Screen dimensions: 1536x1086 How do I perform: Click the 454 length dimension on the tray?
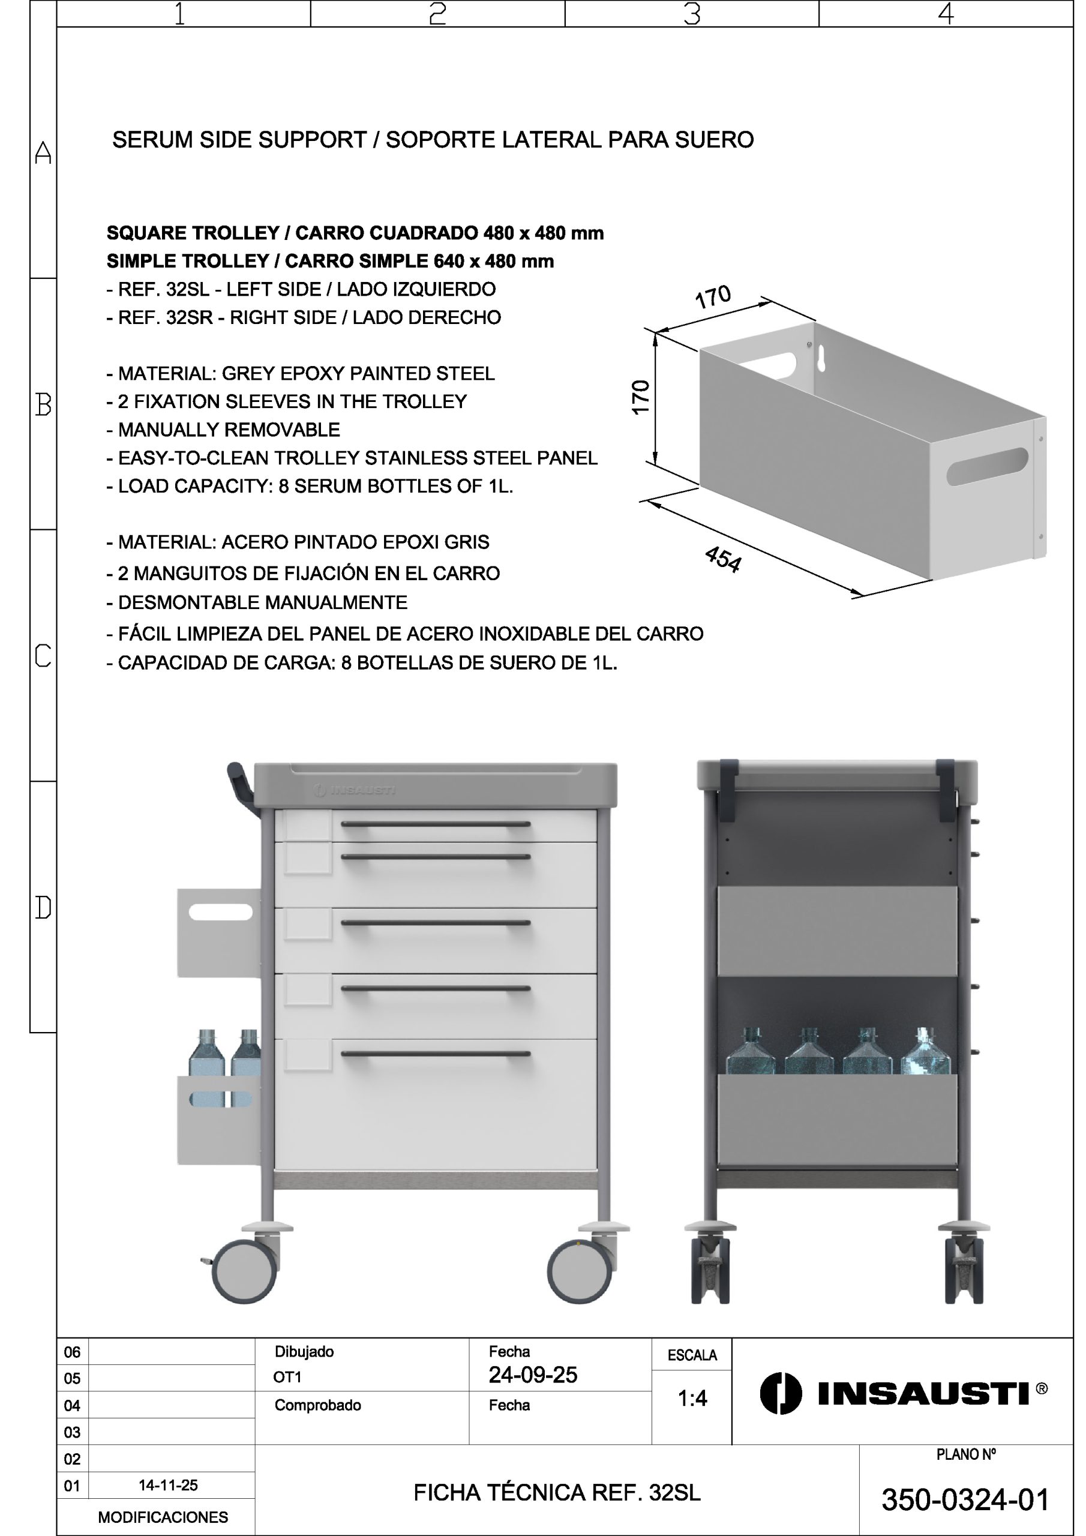point(722,559)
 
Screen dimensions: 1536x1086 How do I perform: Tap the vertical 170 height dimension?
point(640,397)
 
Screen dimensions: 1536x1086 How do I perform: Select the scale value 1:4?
point(692,1397)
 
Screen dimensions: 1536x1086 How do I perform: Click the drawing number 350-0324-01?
point(965,1500)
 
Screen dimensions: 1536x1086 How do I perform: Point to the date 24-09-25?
point(533,1375)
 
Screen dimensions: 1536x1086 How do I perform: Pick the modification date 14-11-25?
point(168,1485)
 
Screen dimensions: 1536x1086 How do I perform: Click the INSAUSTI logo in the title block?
point(904,1394)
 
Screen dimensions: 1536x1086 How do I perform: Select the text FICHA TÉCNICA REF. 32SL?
point(557,1493)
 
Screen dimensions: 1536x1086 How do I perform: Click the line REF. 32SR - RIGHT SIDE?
point(303,317)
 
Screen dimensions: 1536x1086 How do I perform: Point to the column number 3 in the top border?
point(692,13)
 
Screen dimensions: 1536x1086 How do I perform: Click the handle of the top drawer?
point(436,824)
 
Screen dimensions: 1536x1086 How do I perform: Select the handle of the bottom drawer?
point(436,1054)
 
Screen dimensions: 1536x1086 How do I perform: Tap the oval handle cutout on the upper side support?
point(221,912)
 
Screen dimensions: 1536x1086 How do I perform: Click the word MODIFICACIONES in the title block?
point(163,1517)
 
